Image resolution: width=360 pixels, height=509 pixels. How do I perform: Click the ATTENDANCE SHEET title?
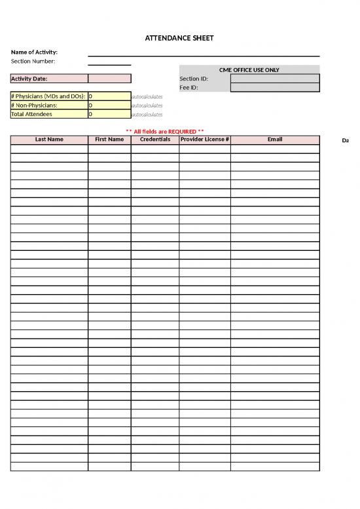[x=179, y=38]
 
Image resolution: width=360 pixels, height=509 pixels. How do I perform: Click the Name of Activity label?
[x=34, y=52]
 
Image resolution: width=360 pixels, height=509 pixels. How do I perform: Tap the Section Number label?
[x=33, y=61]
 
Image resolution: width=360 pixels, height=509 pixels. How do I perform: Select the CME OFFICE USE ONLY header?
[x=249, y=69]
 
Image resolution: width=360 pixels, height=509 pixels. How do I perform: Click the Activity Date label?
[x=29, y=79]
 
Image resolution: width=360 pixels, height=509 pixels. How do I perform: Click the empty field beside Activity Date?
[x=109, y=79]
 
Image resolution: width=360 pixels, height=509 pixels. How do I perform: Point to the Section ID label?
[x=194, y=79]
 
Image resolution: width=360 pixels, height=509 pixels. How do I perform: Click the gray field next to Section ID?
[x=275, y=79]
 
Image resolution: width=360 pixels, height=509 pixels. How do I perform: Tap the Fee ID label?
[x=189, y=87]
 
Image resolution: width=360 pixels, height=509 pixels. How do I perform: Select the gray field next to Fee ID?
[x=275, y=87]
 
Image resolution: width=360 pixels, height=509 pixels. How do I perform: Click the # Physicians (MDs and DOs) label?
[x=48, y=96]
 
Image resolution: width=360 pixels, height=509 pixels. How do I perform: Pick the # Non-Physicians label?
[x=34, y=105]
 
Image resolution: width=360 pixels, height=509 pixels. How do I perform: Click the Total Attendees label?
[x=31, y=114]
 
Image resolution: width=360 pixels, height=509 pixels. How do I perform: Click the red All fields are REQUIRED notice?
[x=164, y=131]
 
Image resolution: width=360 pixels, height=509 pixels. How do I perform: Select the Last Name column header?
[x=49, y=140]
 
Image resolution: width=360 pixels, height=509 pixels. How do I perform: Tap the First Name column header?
[x=109, y=140]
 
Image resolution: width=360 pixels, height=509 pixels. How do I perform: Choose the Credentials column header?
[x=155, y=140]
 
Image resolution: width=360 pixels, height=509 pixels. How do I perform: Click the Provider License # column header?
[x=204, y=140]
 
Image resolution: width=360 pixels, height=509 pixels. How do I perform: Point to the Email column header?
[x=275, y=140]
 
